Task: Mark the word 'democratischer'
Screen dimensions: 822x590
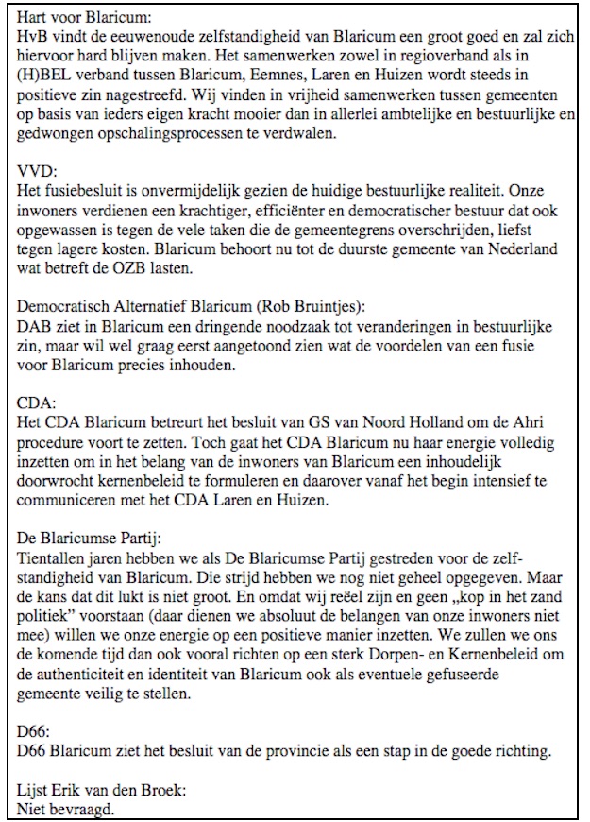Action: point(383,215)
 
